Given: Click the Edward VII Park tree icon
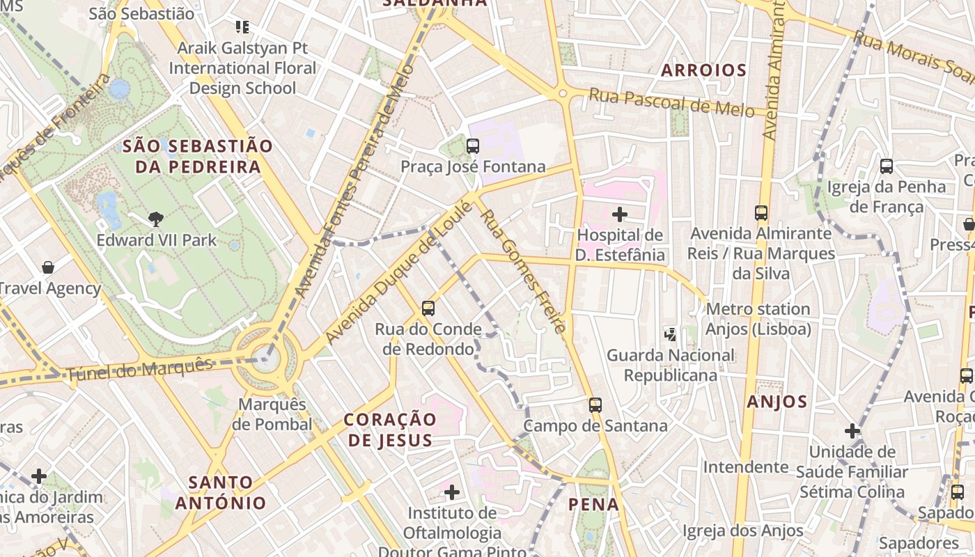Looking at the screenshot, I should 156,219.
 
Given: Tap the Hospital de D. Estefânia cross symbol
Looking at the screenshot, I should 619,214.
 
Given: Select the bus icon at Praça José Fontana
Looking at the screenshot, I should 473,146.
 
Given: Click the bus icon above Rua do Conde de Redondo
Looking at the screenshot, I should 428,308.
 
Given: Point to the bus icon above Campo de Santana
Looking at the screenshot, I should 595,405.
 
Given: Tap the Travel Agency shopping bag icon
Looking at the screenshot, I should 48,267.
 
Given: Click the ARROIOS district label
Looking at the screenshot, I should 703,70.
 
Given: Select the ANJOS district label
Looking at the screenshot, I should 777,402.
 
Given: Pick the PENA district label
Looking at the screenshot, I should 593,504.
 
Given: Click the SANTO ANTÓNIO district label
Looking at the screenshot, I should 221,492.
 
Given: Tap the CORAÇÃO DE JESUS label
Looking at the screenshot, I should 391,430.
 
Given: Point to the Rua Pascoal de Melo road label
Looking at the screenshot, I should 671,102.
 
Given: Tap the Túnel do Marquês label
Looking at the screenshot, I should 139,369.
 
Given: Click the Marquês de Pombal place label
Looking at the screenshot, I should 272,414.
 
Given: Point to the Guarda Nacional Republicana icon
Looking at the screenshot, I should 670,335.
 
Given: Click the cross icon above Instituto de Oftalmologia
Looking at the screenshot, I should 452,493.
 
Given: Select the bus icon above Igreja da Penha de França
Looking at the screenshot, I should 886,166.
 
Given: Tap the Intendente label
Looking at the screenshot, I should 745,466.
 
